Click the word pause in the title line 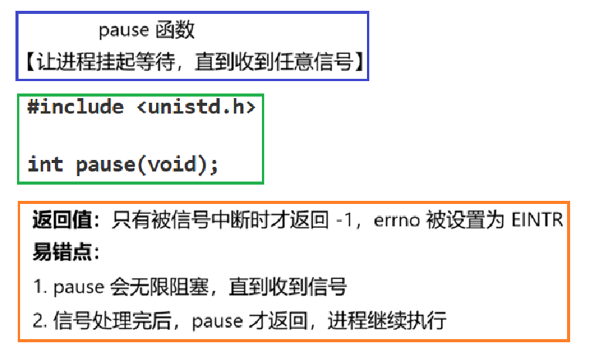123,31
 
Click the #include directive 75,107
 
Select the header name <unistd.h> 196,107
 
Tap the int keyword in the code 46,164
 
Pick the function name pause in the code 105,164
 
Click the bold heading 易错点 55,254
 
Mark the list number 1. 37,287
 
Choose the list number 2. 38,320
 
